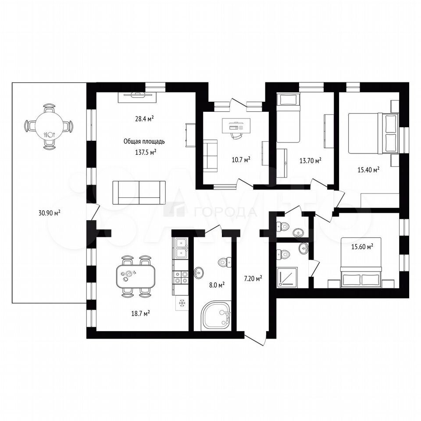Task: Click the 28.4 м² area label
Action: [x=144, y=118]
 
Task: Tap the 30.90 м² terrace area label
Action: [x=50, y=213]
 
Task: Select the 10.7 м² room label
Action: [x=241, y=160]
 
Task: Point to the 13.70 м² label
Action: [x=310, y=161]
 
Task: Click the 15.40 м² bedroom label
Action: [x=368, y=169]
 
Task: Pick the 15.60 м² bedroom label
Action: [x=363, y=246]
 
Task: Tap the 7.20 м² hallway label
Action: [x=253, y=279]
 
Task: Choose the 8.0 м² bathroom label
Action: [x=217, y=285]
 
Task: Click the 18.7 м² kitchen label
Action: [x=140, y=313]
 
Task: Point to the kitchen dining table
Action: [x=136, y=276]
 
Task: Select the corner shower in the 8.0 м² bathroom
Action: [x=216, y=316]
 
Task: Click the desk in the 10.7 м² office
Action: [x=236, y=126]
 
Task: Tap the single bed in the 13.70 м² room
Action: [x=288, y=118]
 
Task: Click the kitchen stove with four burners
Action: [x=181, y=277]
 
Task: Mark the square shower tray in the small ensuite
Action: [x=287, y=277]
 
